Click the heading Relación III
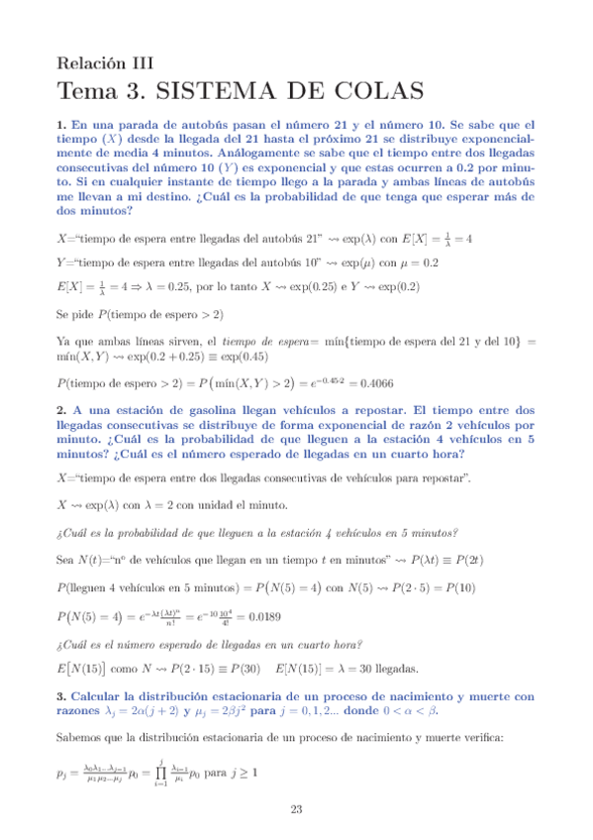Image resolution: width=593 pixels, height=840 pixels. click(x=106, y=61)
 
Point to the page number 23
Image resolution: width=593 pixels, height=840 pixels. click(x=296, y=810)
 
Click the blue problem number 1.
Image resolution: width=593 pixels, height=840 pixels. click(x=61, y=126)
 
